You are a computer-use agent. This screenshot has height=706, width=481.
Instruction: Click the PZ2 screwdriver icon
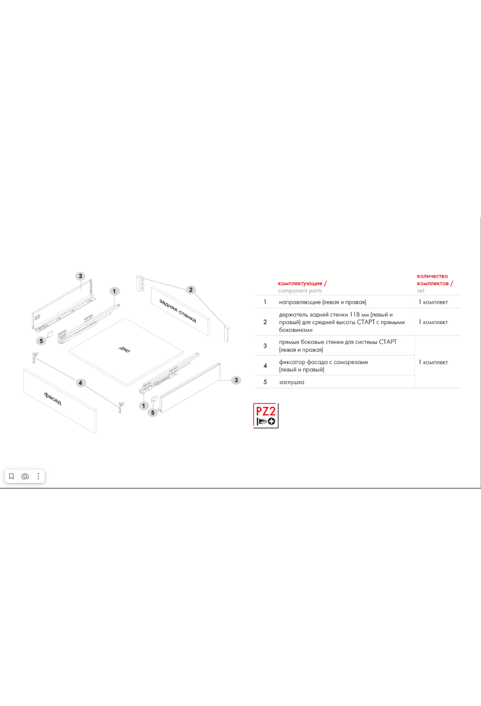266,416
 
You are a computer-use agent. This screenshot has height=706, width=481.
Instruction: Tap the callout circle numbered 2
191,290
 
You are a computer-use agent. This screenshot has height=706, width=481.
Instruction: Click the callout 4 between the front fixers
81,383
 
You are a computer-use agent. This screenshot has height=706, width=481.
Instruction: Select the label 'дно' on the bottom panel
124,349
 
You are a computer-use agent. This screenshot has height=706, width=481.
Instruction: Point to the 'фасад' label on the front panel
53,399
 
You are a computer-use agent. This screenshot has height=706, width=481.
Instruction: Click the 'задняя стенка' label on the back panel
178,310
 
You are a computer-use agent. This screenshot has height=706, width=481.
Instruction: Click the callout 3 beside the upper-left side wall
81,276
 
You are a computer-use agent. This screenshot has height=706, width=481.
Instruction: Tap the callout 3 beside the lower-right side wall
236,380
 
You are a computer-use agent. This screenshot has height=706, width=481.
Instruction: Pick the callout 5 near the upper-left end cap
41,341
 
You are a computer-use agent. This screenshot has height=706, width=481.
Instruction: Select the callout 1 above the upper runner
114,291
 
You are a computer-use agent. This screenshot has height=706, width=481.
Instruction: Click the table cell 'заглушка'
291,382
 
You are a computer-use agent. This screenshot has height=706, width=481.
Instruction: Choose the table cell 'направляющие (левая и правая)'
323,302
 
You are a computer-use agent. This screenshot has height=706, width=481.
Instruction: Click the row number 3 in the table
265,346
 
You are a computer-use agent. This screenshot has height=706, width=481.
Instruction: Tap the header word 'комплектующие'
300,283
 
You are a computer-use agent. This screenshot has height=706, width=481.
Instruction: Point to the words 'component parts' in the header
300,291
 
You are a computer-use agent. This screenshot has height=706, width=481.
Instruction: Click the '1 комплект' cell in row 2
433,322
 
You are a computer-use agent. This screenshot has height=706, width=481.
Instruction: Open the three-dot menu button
38,476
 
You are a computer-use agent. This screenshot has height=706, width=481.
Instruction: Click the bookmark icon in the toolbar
11,476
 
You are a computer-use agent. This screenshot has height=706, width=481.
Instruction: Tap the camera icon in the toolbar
25,476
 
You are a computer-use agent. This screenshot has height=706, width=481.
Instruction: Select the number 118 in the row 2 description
355,314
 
